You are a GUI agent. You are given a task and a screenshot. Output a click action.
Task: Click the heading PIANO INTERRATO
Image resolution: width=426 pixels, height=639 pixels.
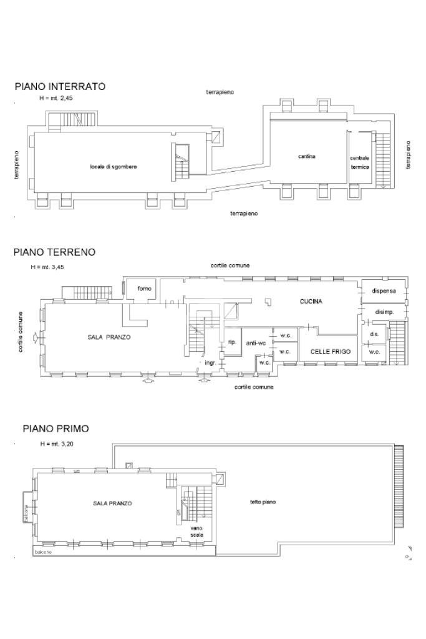click(60, 87)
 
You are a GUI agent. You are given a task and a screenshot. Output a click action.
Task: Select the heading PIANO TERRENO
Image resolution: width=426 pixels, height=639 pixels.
click(54, 252)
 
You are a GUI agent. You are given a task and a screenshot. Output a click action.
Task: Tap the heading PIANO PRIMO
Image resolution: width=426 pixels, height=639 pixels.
click(56, 428)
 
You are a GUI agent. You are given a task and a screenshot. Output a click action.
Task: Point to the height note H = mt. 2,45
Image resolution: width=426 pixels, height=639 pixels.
click(56, 99)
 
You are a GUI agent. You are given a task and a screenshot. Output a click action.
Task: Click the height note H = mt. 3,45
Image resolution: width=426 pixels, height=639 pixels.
click(48, 267)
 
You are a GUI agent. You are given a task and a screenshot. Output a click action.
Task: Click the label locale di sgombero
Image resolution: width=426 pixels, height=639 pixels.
click(114, 167)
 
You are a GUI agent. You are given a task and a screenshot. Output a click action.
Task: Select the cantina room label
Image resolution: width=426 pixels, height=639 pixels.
click(306, 156)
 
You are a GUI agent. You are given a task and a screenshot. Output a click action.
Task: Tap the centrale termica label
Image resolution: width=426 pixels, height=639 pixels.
click(359, 162)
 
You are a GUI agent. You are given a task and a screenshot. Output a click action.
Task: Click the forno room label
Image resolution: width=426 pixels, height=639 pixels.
click(145, 289)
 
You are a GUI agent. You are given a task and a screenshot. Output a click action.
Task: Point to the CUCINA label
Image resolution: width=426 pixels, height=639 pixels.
click(311, 301)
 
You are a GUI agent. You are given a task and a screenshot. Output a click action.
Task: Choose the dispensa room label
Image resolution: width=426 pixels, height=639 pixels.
click(384, 290)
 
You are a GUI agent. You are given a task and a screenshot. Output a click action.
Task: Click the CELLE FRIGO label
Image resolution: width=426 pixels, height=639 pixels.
click(331, 352)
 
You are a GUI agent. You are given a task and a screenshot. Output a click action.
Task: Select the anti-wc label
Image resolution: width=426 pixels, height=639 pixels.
click(256, 343)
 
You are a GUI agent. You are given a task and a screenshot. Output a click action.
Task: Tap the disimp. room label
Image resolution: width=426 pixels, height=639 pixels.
click(383, 312)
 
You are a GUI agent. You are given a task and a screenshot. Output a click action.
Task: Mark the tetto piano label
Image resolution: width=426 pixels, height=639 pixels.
click(263, 502)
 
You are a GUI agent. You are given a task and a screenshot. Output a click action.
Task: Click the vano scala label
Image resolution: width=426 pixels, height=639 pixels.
click(196, 532)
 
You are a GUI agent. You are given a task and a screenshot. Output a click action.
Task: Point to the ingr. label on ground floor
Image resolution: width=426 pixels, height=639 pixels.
click(210, 362)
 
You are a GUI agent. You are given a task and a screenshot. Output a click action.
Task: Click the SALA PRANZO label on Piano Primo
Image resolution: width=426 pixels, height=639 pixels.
click(113, 503)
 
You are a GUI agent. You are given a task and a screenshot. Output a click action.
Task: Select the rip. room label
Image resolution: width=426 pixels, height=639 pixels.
click(231, 342)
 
